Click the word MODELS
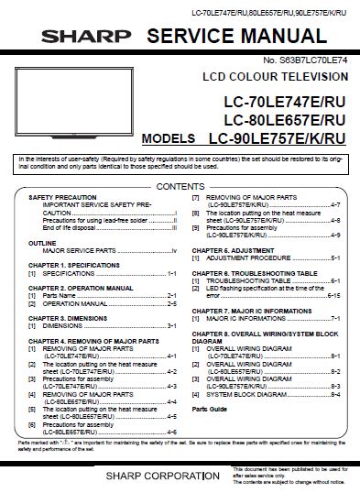click(x=169, y=140)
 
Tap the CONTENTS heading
click(x=180, y=186)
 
